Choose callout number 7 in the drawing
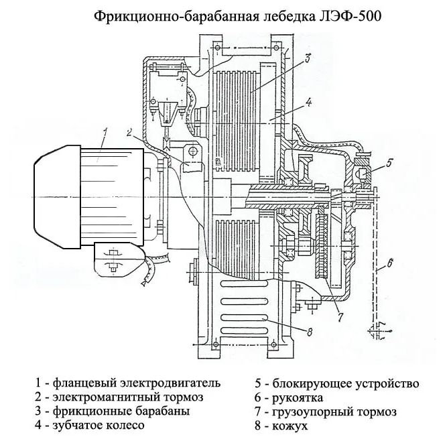coord(339,315)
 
